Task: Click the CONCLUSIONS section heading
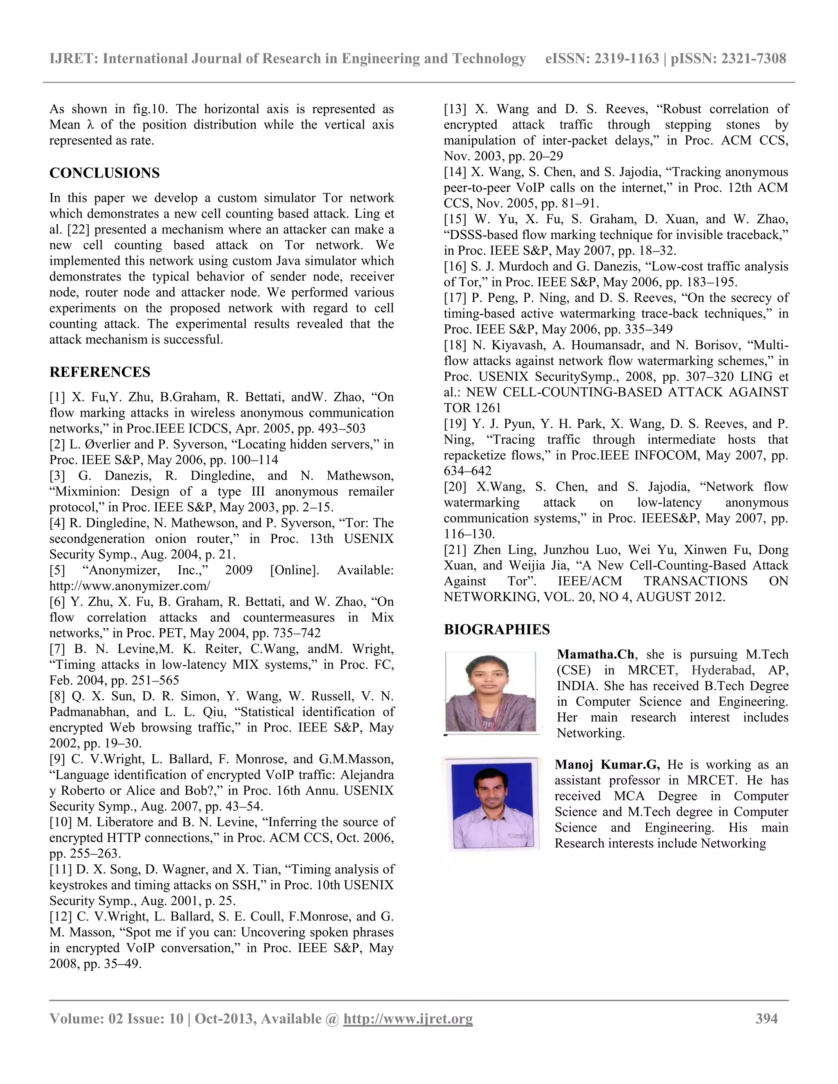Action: point(104,173)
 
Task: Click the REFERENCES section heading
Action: point(100,372)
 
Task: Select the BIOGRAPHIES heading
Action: point(496,630)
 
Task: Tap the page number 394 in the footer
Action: point(766,1019)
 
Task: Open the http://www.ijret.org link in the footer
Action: point(408,1019)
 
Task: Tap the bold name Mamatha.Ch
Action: point(595,654)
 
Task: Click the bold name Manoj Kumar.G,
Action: point(607,765)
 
